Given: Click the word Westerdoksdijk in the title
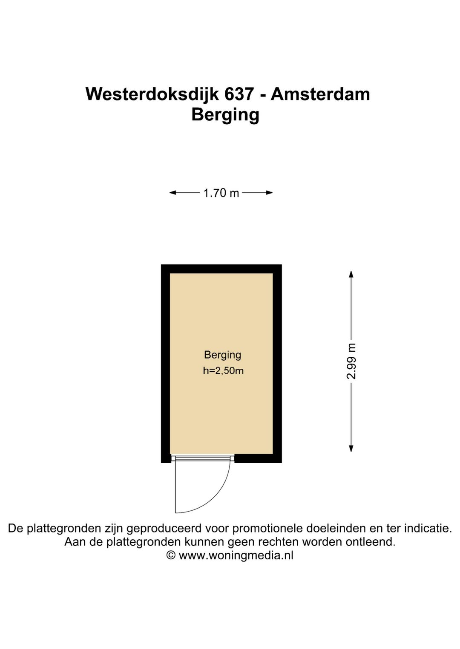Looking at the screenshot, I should pyautogui.click(x=152, y=94).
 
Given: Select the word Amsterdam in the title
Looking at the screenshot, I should pyautogui.click(x=320, y=94).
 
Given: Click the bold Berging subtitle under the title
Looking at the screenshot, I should pyautogui.click(x=225, y=115).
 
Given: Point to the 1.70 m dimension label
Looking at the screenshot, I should pyautogui.click(x=221, y=193).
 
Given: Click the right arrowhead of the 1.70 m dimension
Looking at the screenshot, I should pyautogui.click(x=270, y=193).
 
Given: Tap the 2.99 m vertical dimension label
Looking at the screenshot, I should pyautogui.click(x=351, y=361).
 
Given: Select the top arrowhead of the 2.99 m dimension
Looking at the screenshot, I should pyautogui.click(x=351, y=274).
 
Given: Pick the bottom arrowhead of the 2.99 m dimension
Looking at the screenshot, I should pyautogui.click(x=351, y=448).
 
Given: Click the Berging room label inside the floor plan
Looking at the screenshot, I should pyautogui.click(x=222, y=355).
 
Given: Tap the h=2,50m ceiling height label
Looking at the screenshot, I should pyautogui.click(x=223, y=371).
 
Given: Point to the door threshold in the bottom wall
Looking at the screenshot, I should pyautogui.click(x=203, y=458).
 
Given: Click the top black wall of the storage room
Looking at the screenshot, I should pyautogui.click(x=221, y=269).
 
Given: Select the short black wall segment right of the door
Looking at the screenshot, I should pyautogui.click(x=258, y=458).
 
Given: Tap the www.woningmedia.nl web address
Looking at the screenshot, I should pyautogui.click(x=236, y=555).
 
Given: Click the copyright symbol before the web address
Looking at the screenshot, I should pyautogui.click(x=171, y=555).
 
